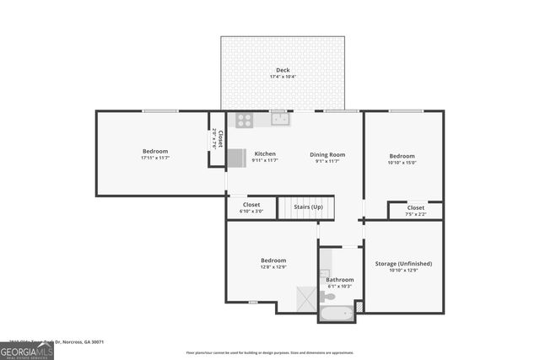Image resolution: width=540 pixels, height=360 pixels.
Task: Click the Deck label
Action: tap(283, 70)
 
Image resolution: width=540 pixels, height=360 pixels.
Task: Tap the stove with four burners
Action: tap(245, 120)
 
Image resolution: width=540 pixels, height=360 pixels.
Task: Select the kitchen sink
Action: tap(280, 119)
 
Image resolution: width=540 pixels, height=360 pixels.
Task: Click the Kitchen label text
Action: tap(265, 154)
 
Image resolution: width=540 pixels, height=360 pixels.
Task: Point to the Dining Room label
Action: tap(327, 154)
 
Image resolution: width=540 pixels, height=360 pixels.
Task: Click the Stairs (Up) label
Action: tap(308, 207)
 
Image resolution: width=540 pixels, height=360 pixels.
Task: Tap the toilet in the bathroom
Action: tap(327, 296)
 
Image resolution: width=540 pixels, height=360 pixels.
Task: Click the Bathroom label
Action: tap(340, 279)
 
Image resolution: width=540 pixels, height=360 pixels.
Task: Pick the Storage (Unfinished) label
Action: tap(403, 264)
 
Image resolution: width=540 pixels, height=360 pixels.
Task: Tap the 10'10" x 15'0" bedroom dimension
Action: tap(402, 163)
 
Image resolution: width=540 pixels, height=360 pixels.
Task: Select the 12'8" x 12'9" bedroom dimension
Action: tap(273, 266)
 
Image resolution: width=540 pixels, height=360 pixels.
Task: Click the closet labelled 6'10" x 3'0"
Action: tap(251, 207)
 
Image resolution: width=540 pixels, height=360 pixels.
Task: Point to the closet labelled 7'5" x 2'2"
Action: tap(416, 210)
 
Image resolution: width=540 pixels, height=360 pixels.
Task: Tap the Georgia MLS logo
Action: tap(27, 350)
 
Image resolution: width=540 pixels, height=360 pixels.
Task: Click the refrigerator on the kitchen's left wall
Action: tap(236, 158)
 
